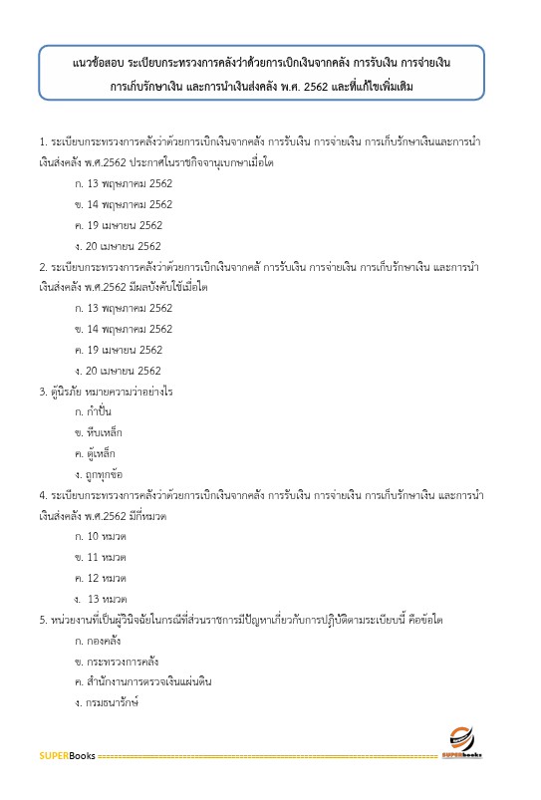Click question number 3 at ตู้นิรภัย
[42, 392]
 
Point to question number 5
[42, 620]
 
